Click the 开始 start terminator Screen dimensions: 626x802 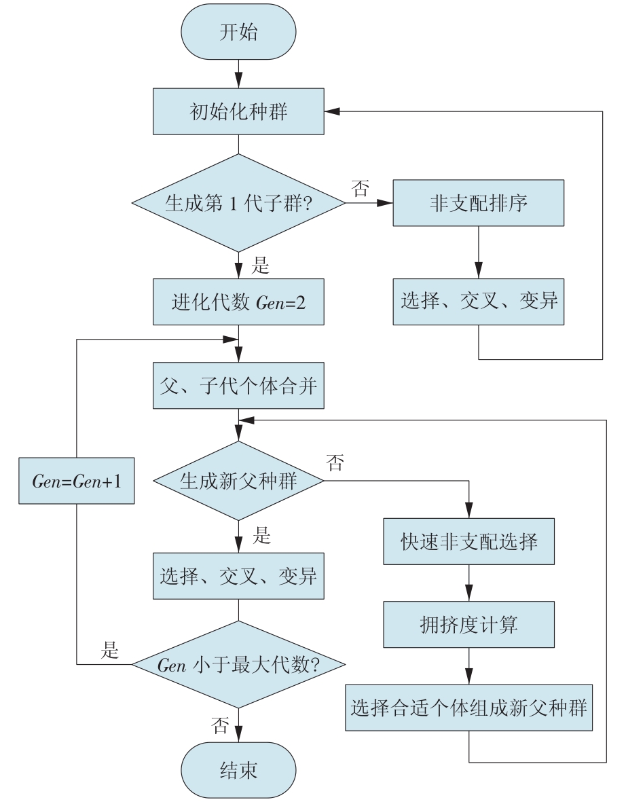click(x=238, y=32)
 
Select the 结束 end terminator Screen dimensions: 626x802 click(x=238, y=770)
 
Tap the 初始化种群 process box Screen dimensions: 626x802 click(x=238, y=111)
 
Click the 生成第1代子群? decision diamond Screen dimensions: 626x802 click(x=238, y=203)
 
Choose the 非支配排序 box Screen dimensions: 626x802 click(x=478, y=203)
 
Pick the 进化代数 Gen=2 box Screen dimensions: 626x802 click(x=238, y=302)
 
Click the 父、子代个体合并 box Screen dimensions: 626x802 click(x=238, y=386)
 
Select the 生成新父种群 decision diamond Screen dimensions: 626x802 click(x=238, y=481)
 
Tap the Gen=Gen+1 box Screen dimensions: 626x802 click(x=77, y=481)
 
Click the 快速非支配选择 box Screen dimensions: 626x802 click(x=469, y=542)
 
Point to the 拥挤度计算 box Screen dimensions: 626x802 click(x=469, y=625)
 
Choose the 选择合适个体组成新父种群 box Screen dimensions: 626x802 click(x=469, y=708)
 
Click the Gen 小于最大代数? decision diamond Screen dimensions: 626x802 click(x=238, y=664)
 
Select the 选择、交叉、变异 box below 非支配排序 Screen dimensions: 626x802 click(x=478, y=302)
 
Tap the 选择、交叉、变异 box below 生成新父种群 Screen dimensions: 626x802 click(x=238, y=576)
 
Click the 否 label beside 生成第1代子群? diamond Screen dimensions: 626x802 click(x=360, y=188)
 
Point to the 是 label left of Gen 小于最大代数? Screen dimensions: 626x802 click(x=109, y=650)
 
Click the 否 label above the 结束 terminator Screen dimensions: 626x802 click(x=220, y=725)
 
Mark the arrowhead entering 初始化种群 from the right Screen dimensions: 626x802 click(x=332, y=111)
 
